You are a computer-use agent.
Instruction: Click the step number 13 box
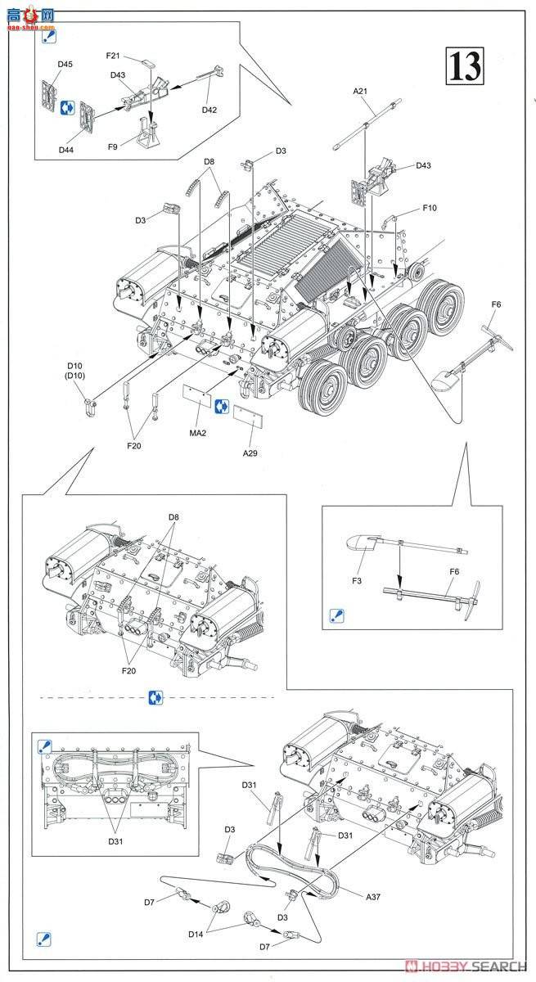pyautogui.click(x=464, y=65)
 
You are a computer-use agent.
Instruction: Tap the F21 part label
pyautogui.click(x=113, y=56)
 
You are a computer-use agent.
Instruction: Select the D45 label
pyautogui.click(x=65, y=64)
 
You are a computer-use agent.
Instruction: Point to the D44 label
pyautogui.click(x=65, y=150)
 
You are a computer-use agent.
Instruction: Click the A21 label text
pyautogui.click(x=361, y=92)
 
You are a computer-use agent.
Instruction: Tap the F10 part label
pyautogui.click(x=430, y=208)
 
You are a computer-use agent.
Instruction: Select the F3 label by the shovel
pyautogui.click(x=358, y=581)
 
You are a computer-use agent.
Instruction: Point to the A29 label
pyautogui.click(x=250, y=453)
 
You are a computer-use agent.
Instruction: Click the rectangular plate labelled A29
pyautogui.click(x=247, y=417)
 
